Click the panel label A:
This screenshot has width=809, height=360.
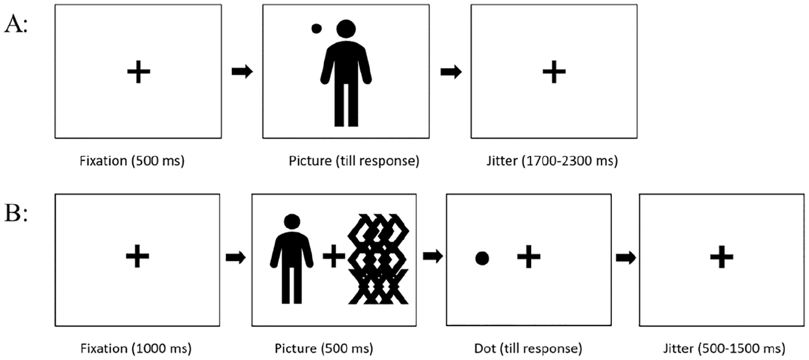coord(16,25)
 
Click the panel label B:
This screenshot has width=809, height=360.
coord(16,213)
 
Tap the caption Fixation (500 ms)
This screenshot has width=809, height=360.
coord(132,161)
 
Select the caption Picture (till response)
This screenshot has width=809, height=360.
coord(354,161)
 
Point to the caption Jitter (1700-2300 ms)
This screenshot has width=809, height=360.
coord(552,161)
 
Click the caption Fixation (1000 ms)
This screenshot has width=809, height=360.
coord(136,349)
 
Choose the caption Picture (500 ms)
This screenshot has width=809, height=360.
coord(324,349)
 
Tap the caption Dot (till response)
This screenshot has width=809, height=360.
coord(528,349)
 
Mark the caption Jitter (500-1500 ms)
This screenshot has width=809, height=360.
coord(724,349)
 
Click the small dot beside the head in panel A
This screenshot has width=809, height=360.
coord(316,29)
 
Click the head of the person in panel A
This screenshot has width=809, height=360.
coord(346,29)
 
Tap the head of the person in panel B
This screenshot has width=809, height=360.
coord(292,221)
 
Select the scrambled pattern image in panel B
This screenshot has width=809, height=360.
coord(378,259)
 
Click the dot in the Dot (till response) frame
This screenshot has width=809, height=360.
coord(482,258)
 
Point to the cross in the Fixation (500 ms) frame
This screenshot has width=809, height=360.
coord(139,72)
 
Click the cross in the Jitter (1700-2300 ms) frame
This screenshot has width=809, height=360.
coord(554,72)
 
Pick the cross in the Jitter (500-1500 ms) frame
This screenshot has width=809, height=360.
coord(722,257)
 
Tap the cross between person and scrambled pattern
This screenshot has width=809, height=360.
coord(334,256)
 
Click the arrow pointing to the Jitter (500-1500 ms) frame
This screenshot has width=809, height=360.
coord(626,257)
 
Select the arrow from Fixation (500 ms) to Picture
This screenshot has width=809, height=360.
coord(242,71)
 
